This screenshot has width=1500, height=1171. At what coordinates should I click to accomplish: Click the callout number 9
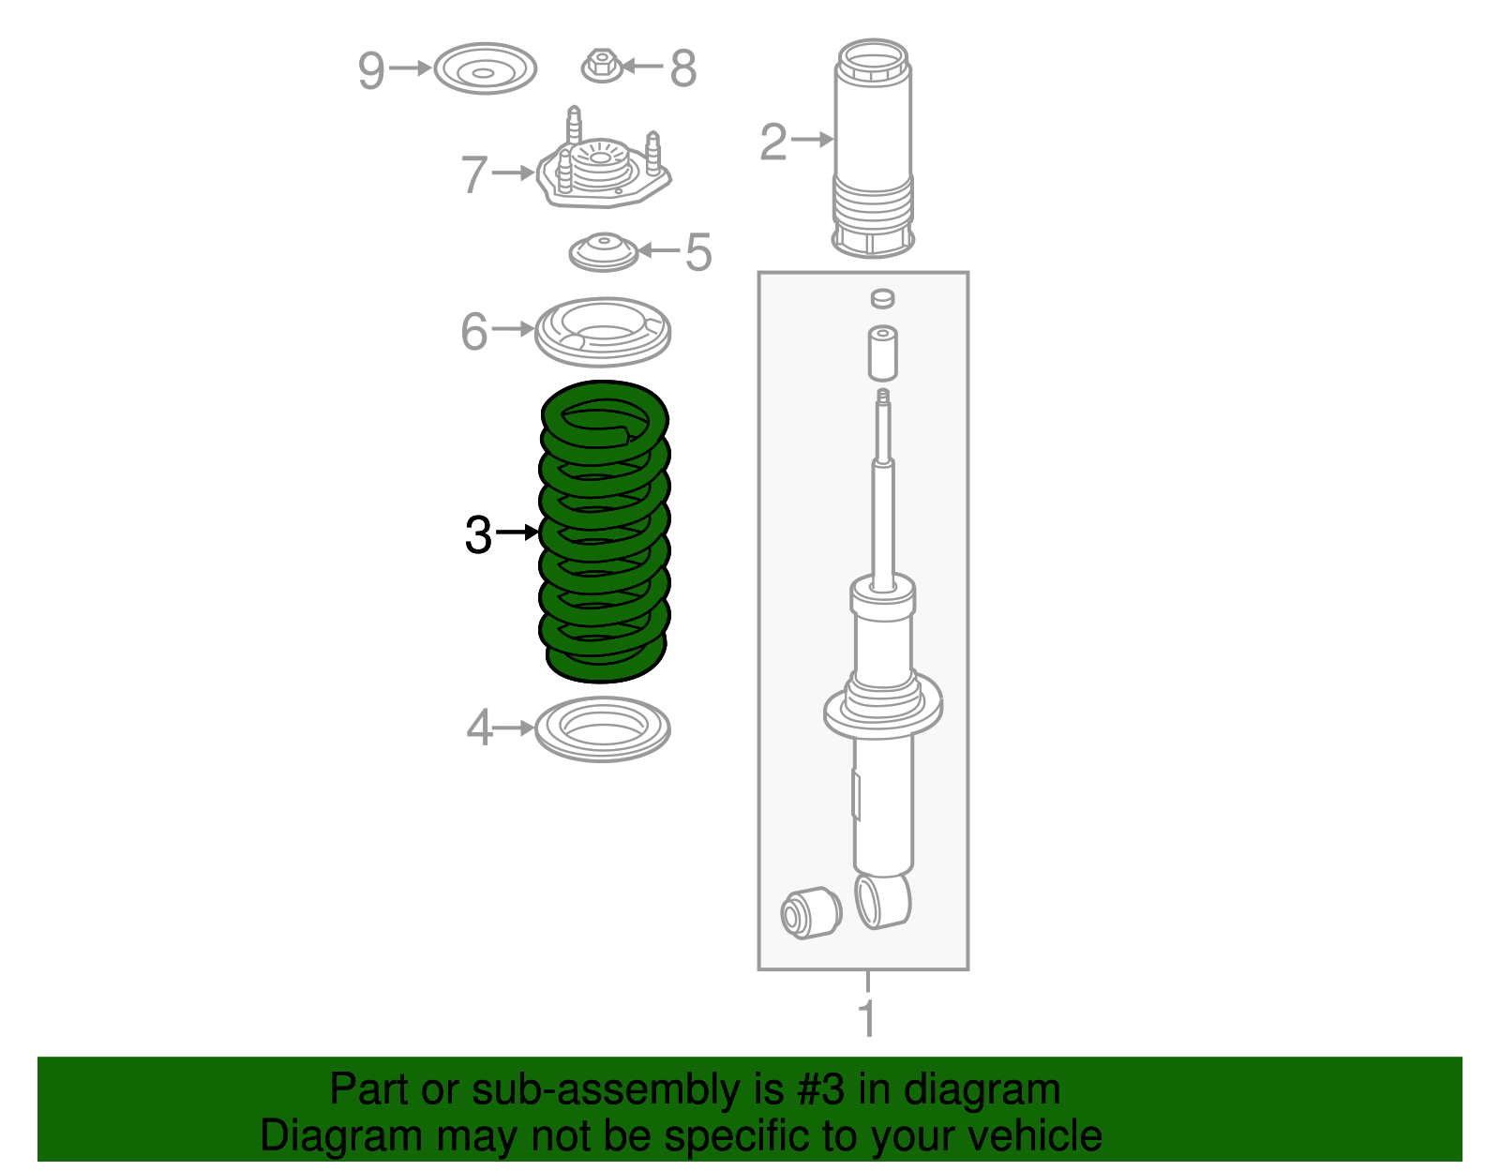coord(370,70)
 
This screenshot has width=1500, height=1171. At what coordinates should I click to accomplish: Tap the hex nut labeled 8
coord(602,67)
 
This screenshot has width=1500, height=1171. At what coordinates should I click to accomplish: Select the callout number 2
coord(773,143)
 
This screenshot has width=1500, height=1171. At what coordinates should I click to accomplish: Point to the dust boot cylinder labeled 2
coord(873,148)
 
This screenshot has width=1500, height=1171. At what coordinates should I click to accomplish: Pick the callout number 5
coord(697,252)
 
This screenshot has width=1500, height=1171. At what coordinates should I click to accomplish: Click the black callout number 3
coord(478,534)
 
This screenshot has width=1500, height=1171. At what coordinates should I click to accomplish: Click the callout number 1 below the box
coord(867,1018)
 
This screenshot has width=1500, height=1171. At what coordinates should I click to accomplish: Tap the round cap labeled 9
coord(486,69)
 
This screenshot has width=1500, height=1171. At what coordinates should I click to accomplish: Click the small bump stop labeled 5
coord(604,252)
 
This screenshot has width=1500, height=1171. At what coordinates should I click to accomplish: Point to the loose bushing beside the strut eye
coord(811,912)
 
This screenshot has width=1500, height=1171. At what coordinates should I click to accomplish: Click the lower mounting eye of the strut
coord(883,901)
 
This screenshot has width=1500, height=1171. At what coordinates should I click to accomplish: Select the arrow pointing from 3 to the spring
coord(517,532)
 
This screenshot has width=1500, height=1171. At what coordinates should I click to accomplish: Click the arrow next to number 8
coord(643,67)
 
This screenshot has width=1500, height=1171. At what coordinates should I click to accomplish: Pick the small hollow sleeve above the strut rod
coord(883,353)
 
